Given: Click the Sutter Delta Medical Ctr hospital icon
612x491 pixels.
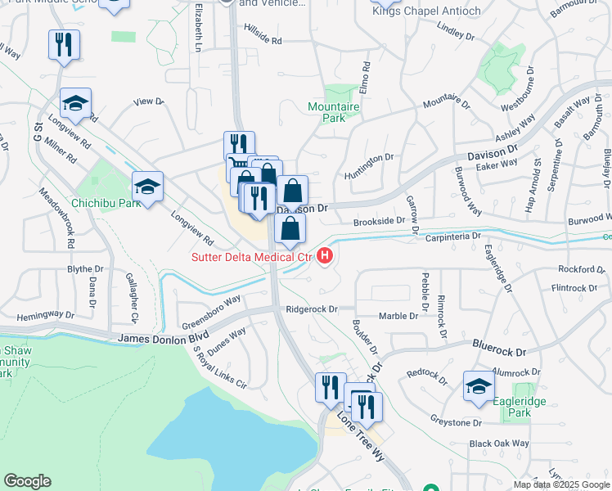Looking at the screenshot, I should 326,257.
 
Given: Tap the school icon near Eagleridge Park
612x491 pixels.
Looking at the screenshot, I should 478,387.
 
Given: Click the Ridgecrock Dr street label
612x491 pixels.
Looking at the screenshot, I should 312,309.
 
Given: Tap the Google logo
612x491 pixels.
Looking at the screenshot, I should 27,481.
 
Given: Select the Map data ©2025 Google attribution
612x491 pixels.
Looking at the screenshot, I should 562,484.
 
